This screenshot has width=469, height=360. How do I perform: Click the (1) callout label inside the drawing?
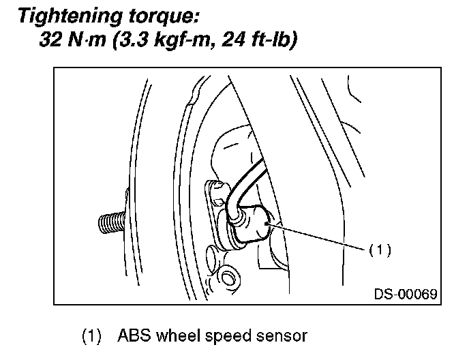[x=379, y=250]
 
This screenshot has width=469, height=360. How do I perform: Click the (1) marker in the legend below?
[x=92, y=336]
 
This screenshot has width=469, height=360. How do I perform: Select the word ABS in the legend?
[x=132, y=336]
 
